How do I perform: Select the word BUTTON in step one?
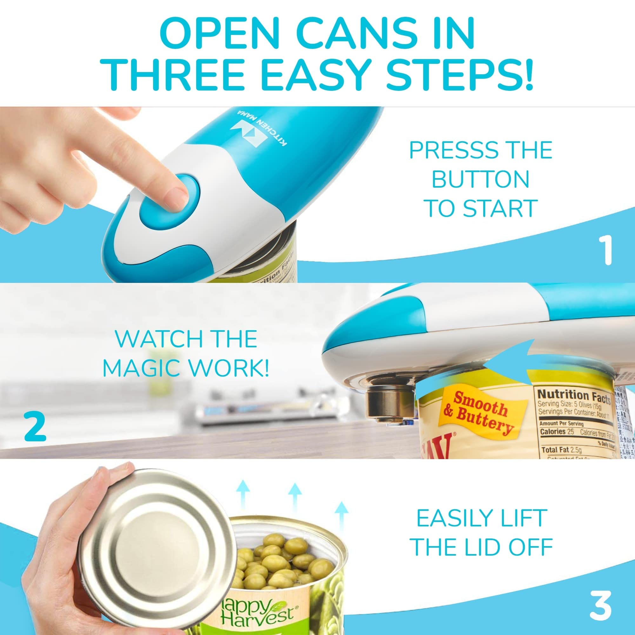(480, 179)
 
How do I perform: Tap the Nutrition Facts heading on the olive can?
(573, 395)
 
